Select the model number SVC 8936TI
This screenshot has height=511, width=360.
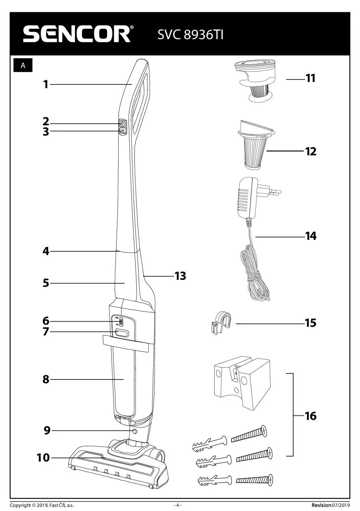click(190, 35)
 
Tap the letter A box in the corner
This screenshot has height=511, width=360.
click(23, 66)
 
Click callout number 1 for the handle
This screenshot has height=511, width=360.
click(46, 84)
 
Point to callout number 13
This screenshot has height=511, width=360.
click(180, 276)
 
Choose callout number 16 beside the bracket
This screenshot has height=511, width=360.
click(311, 416)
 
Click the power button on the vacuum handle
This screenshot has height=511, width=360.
click(122, 124)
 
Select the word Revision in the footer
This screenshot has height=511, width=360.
click(321, 505)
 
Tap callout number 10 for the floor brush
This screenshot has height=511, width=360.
click(43, 457)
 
